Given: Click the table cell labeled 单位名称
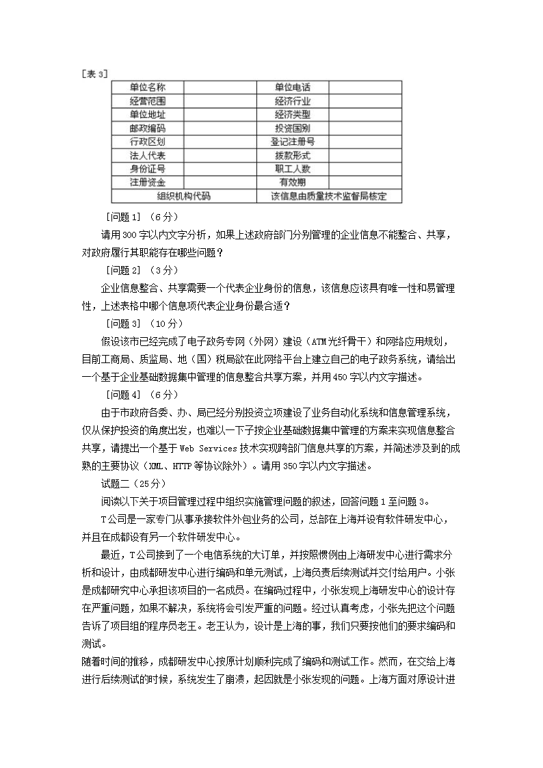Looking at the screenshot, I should click(x=147, y=88).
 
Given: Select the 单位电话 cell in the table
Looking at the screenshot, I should click(x=293, y=88).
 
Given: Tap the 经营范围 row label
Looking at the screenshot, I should click(x=147, y=101).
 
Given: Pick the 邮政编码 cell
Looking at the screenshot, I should click(x=147, y=128).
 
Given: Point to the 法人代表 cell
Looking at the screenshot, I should click(x=147, y=155).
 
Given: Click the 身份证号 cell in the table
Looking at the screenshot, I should click(x=147, y=169).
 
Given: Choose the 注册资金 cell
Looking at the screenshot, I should click(x=147, y=183).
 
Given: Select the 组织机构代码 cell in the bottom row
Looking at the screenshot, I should click(x=183, y=196).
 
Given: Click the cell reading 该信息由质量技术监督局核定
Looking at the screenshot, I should click(x=329, y=196).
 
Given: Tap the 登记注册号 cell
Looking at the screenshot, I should click(x=293, y=142).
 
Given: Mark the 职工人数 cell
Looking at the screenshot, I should click(x=293, y=169).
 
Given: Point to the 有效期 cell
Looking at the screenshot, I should click(x=293, y=183).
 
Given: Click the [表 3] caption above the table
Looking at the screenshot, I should click(x=95, y=73).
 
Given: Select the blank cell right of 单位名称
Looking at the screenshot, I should click(x=219, y=88).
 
